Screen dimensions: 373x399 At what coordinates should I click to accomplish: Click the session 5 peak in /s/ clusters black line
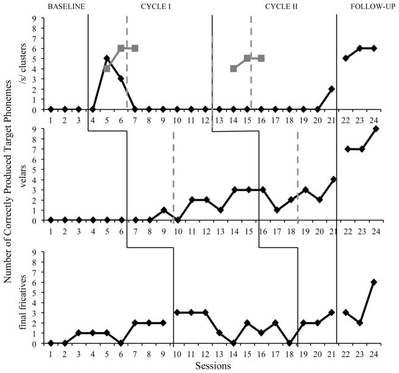pos(107,59)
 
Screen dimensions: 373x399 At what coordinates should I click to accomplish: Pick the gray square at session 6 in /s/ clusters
pos(121,48)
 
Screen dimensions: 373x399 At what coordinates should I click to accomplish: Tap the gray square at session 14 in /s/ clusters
pos(234,68)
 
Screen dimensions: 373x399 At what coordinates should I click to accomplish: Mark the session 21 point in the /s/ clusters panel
pos(331,89)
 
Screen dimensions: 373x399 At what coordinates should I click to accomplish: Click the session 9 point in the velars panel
pos(163,210)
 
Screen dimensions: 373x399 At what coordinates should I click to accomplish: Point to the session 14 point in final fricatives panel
pos(234,343)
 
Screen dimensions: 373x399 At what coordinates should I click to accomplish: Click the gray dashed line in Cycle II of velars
pos(298,183)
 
